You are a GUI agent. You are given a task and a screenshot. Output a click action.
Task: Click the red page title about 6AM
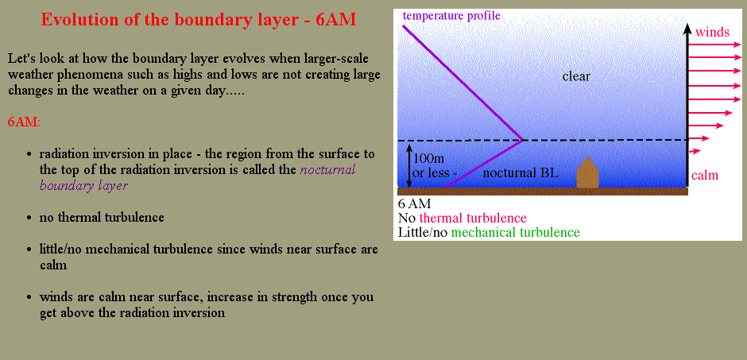[x=198, y=20]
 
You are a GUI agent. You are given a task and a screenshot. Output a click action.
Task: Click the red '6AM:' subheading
[x=25, y=122]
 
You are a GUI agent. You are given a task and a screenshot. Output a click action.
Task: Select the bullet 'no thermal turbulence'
[x=102, y=217]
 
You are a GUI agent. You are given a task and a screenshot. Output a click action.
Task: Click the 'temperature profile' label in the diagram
[x=451, y=15]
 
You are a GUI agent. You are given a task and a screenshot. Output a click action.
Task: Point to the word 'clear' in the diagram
[x=576, y=76]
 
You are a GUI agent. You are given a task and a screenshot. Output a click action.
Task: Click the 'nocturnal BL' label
[x=521, y=173]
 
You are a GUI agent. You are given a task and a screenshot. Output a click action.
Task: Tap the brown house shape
[x=587, y=172]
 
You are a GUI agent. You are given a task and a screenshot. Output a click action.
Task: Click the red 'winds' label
[x=712, y=33]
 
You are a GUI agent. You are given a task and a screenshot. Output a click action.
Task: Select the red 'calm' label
[x=705, y=176]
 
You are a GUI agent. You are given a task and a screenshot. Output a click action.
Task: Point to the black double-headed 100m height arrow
[x=408, y=166]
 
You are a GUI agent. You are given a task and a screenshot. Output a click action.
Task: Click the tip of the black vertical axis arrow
[x=687, y=24]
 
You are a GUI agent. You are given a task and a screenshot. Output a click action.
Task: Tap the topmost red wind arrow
[x=715, y=45]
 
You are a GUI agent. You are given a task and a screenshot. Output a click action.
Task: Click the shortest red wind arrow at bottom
[x=695, y=152]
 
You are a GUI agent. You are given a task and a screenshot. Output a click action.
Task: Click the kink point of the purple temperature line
[x=523, y=140]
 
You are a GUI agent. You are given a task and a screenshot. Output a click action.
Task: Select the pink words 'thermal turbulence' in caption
[x=473, y=218]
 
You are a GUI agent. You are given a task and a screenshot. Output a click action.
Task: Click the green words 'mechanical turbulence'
[x=516, y=232]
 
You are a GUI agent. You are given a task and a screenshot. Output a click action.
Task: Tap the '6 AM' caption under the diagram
[x=414, y=203]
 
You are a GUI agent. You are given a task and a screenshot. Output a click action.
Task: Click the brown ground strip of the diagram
[x=543, y=192]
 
